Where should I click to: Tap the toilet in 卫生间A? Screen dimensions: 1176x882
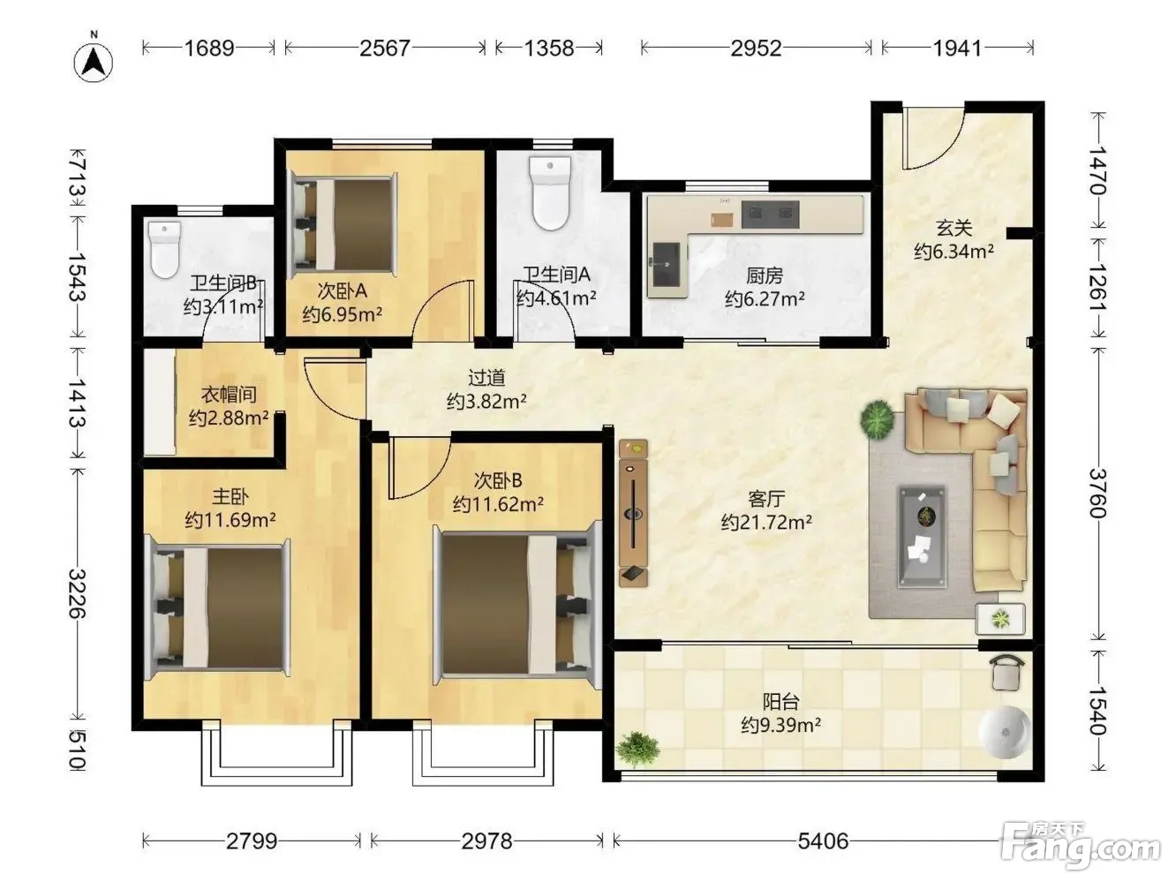point(550,192)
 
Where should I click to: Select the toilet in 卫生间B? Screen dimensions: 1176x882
point(164,250)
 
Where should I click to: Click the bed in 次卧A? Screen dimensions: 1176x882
point(343,225)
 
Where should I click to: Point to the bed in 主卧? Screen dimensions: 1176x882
point(219,607)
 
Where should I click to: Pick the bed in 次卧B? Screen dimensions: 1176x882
point(517,605)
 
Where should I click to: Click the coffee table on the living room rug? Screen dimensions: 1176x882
point(922,536)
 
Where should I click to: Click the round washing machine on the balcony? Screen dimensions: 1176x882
point(1004,732)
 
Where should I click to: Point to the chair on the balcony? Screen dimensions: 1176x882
point(1007,672)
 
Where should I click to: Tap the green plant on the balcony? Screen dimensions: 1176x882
point(637,748)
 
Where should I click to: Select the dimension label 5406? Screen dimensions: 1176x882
point(823,841)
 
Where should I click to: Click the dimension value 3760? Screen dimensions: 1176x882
point(1097,494)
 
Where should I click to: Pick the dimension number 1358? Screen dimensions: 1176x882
point(548,49)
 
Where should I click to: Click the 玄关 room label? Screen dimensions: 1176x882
point(954,228)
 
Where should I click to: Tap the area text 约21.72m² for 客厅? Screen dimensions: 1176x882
point(766,522)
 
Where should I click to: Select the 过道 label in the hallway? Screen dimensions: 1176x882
point(486,378)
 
